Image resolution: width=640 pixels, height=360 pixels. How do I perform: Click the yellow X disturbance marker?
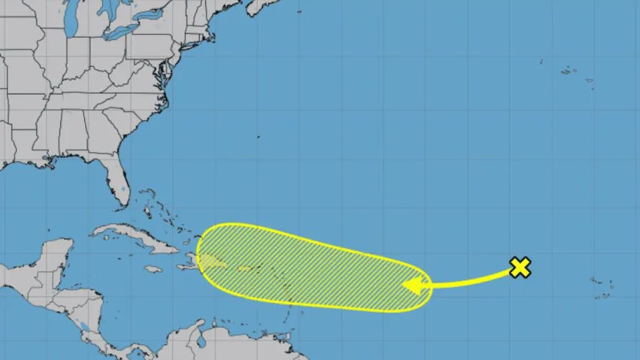pos(521,268)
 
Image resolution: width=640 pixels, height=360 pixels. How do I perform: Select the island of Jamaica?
pos(152,269)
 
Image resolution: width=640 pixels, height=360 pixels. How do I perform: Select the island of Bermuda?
pos(259,135)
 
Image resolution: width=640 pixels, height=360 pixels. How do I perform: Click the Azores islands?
pos(571,71)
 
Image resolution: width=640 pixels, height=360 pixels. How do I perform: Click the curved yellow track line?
pos(471,280)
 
